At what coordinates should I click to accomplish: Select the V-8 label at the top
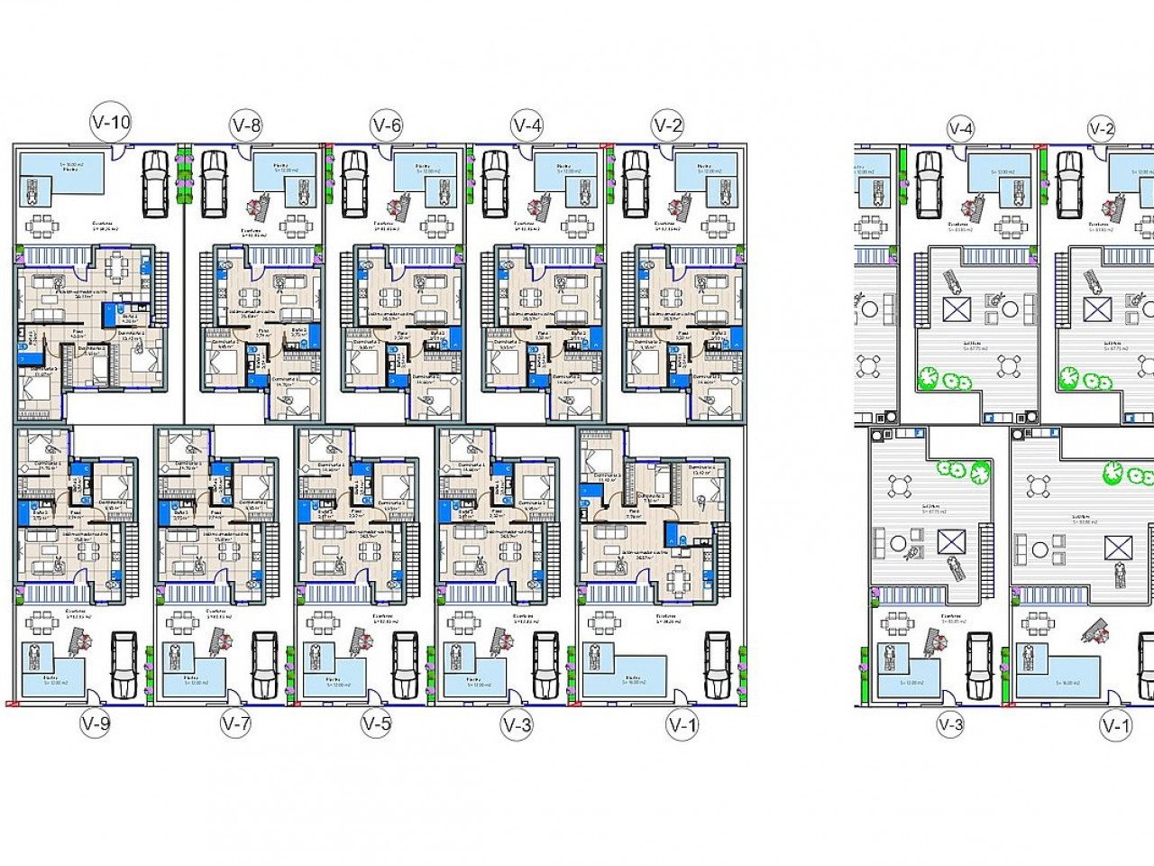click(x=246, y=125)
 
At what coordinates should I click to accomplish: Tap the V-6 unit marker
click(x=386, y=124)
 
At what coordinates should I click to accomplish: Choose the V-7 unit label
click(x=235, y=723)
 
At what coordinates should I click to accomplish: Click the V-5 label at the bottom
click(x=376, y=723)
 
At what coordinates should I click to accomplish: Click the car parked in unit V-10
click(x=155, y=183)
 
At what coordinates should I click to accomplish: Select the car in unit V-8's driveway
click(x=215, y=183)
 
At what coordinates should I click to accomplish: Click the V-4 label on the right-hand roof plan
click(x=961, y=129)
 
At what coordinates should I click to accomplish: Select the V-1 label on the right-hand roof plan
click(x=1115, y=724)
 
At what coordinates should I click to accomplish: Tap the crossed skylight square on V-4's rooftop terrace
click(x=956, y=309)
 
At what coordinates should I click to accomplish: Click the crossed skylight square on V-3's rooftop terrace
click(x=949, y=541)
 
